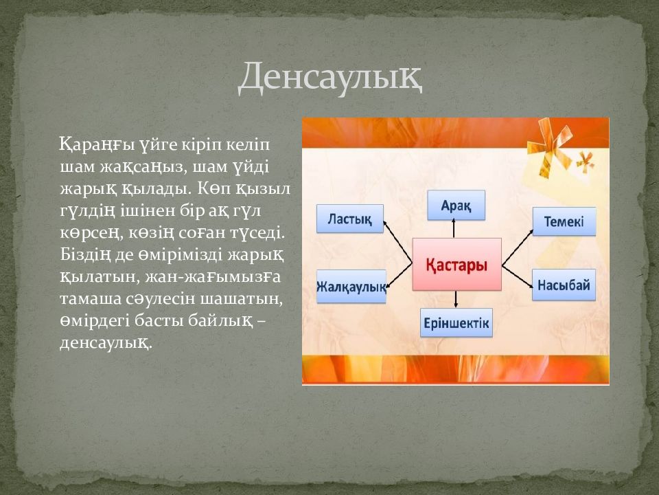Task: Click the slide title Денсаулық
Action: coord(330,78)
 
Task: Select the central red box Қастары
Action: coord(457,264)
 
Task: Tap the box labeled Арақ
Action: coord(456,205)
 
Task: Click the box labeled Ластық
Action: coord(349,219)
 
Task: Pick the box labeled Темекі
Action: coord(564,221)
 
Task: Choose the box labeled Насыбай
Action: coord(564,285)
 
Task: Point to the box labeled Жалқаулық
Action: coord(351,287)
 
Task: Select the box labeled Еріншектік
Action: coord(456,323)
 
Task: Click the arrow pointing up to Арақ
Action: coord(454,228)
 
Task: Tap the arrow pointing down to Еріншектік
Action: coord(456,299)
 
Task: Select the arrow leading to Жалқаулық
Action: coord(398,276)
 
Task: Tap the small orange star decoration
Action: coord(585,162)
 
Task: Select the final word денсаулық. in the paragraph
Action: coord(106,342)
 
